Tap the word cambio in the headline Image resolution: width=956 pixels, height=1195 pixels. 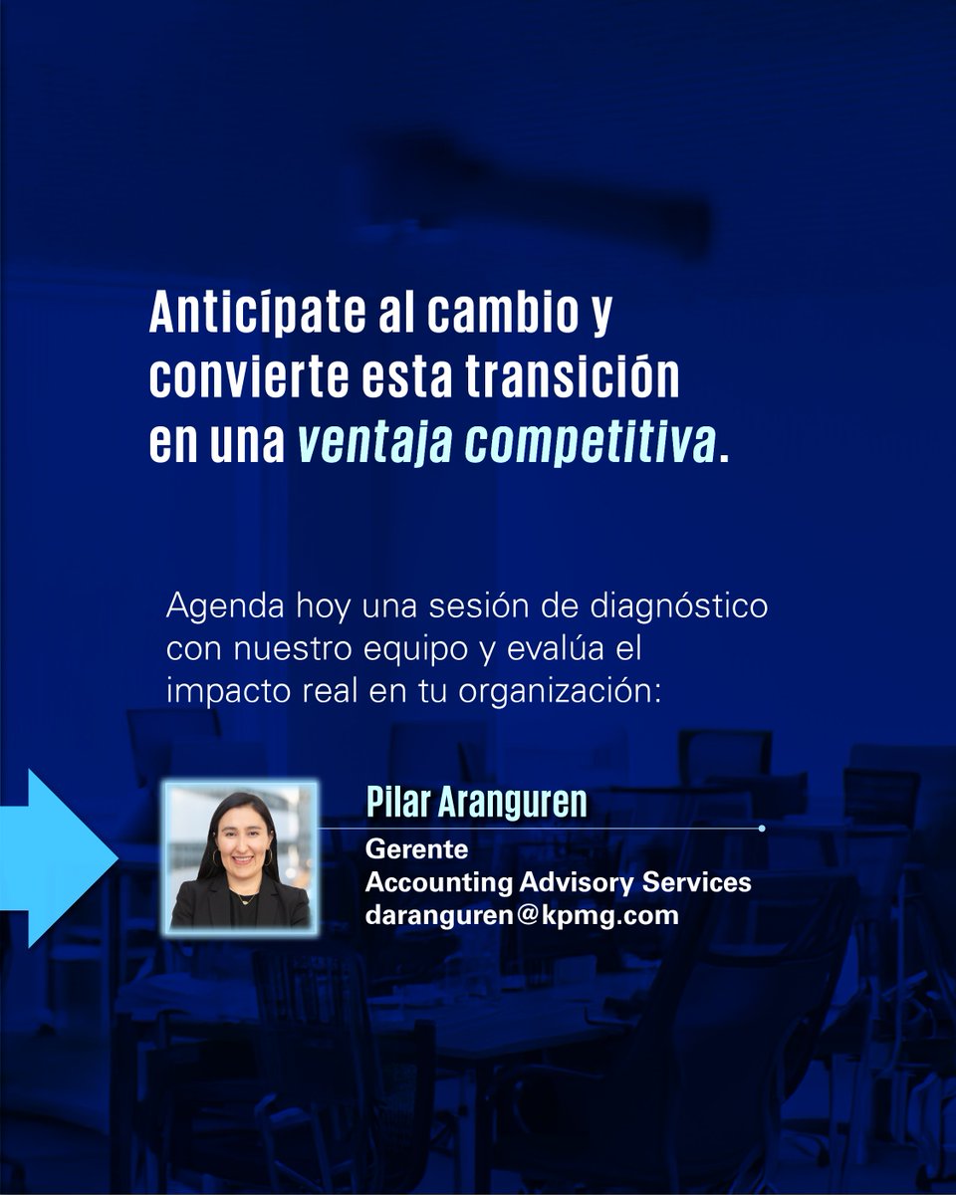tap(498, 316)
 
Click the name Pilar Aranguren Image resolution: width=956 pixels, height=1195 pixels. tap(476, 803)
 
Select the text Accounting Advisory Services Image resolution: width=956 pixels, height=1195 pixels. tap(558, 882)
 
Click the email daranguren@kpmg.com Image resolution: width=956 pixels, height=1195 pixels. tap(522, 915)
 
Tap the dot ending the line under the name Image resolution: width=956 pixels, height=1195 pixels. tap(762, 829)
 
